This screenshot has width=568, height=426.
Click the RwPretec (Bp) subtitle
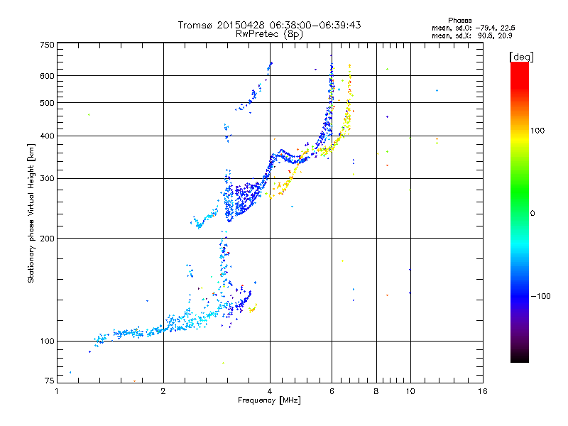(x=270, y=33)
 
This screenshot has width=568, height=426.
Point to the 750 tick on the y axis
(x=48, y=45)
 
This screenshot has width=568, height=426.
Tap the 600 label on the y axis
(x=48, y=75)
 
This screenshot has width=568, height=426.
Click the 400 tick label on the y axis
(x=48, y=136)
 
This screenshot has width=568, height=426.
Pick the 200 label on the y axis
(x=48, y=238)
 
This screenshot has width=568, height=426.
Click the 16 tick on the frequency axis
(x=482, y=391)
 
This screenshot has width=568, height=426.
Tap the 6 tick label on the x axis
(x=332, y=391)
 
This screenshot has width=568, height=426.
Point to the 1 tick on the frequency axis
(x=58, y=391)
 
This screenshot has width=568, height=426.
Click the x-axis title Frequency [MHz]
(x=270, y=401)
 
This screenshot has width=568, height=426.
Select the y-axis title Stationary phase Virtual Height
(x=31, y=213)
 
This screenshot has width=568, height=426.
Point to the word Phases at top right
(x=460, y=20)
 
